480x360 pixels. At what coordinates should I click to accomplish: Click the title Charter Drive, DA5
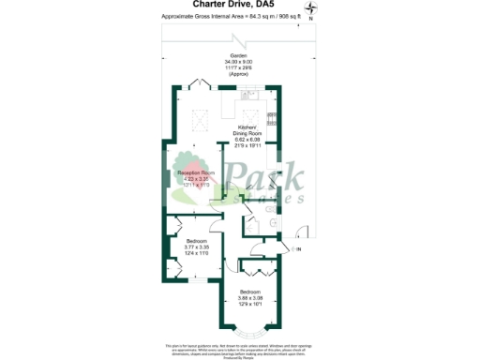[x=239, y=5]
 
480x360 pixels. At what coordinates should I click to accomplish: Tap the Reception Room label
[x=196, y=172]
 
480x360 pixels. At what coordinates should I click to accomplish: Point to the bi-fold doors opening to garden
[x=201, y=83]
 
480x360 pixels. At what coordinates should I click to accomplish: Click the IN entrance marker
[x=298, y=250]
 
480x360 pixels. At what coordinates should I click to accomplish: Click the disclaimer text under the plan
[x=239, y=347]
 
